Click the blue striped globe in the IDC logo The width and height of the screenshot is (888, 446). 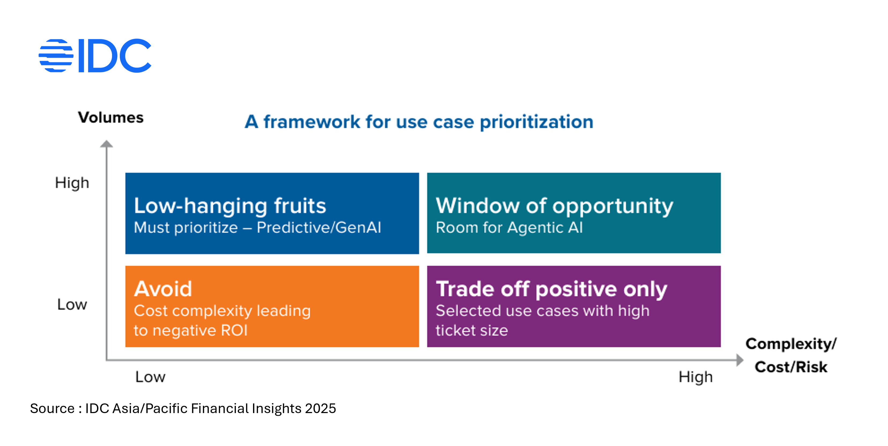[56, 55]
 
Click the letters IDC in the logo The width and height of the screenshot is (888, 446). [115, 55]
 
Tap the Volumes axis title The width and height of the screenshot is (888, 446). [111, 118]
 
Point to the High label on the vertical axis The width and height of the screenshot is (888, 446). [72, 183]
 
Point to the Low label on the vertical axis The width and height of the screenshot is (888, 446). [72, 304]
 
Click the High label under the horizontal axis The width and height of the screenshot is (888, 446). [695, 376]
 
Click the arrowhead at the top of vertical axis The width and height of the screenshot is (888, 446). [106, 144]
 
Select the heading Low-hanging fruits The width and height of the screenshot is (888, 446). [230, 206]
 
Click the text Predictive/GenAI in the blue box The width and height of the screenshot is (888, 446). [319, 228]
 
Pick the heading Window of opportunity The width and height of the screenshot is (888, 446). [554, 206]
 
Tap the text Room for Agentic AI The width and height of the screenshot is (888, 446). [509, 228]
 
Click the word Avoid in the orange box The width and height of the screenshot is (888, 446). [163, 289]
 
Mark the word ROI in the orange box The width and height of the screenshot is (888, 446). [234, 330]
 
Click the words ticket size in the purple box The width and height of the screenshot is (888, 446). [471, 330]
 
